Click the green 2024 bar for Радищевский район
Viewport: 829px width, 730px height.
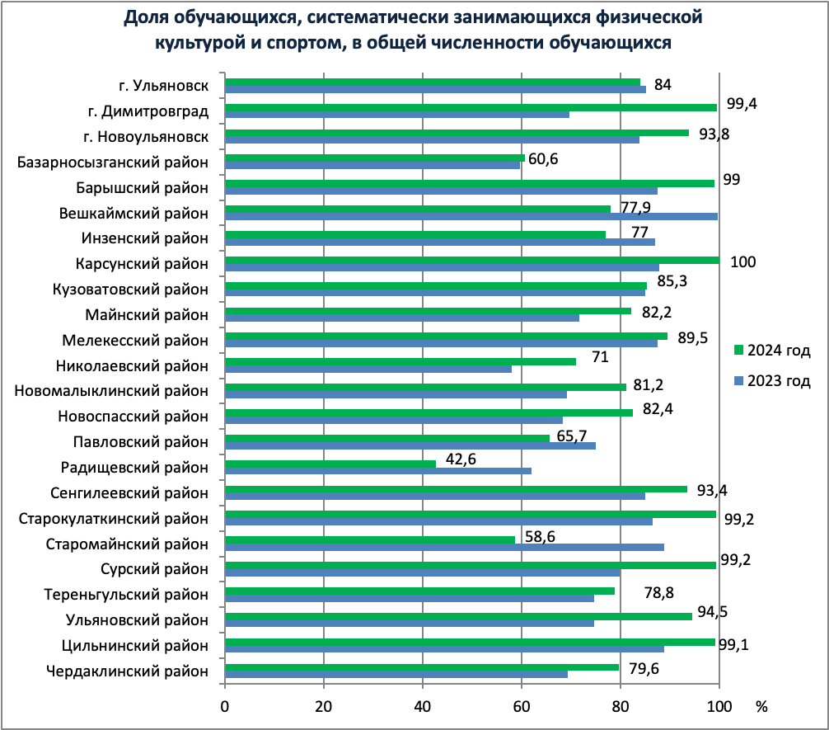(330, 464)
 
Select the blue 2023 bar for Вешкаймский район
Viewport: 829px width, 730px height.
(471, 216)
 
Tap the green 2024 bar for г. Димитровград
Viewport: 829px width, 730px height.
(471, 107)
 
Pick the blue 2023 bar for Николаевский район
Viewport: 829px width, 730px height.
(368, 369)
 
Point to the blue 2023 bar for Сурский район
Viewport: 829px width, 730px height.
(422, 572)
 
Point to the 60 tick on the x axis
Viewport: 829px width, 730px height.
(522, 706)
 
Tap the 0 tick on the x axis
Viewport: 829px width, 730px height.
(225, 706)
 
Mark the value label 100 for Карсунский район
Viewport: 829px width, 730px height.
(743, 261)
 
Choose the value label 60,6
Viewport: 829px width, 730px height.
(543, 159)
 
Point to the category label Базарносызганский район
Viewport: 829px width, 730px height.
(113, 162)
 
